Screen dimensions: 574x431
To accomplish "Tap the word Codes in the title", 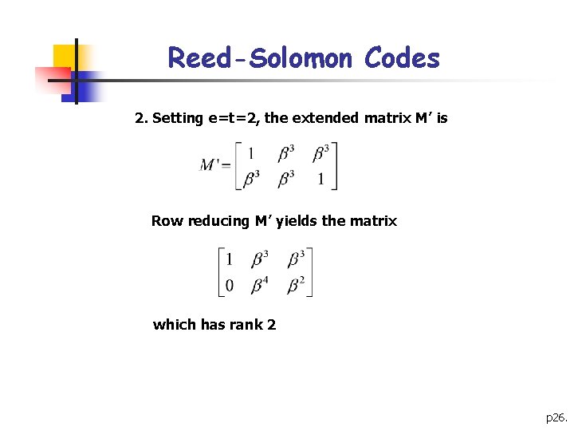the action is click(x=402, y=58).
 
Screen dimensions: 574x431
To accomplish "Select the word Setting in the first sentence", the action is click(x=178, y=118).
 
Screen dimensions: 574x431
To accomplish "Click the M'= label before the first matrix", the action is click(x=215, y=165).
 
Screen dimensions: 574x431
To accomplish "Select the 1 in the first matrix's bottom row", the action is click(x=320, y=179).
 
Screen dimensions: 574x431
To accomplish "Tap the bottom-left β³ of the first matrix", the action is click(x=252, y=178).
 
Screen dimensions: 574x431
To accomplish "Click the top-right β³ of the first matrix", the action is click(x=321, y=152).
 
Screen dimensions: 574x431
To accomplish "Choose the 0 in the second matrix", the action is click(x=230, y=285).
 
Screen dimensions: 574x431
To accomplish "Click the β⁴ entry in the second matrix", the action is click(x=260, y=284).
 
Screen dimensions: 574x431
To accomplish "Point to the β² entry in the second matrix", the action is click(x=296, y=284).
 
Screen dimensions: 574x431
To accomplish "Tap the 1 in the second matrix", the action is click(x=230, y=259).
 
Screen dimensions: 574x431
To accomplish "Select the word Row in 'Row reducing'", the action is click(x=166, y=221).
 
